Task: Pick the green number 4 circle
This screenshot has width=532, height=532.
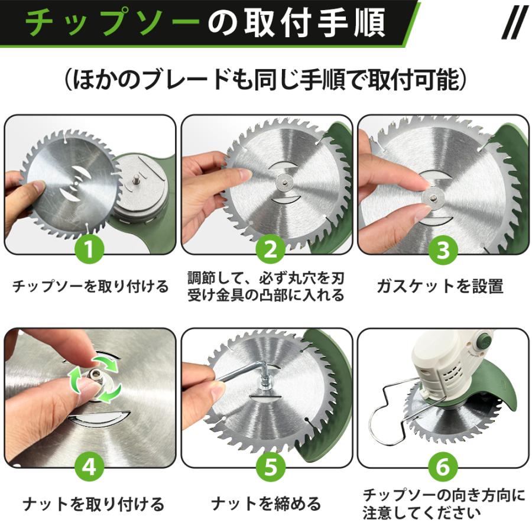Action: point(89,466)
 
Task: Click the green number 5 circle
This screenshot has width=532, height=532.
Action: point(270,466)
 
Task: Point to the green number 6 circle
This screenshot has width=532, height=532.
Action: point(443,466)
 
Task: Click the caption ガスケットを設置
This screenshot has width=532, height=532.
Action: point(440,286)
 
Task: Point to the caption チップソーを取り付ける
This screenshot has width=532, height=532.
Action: point(90,286)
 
